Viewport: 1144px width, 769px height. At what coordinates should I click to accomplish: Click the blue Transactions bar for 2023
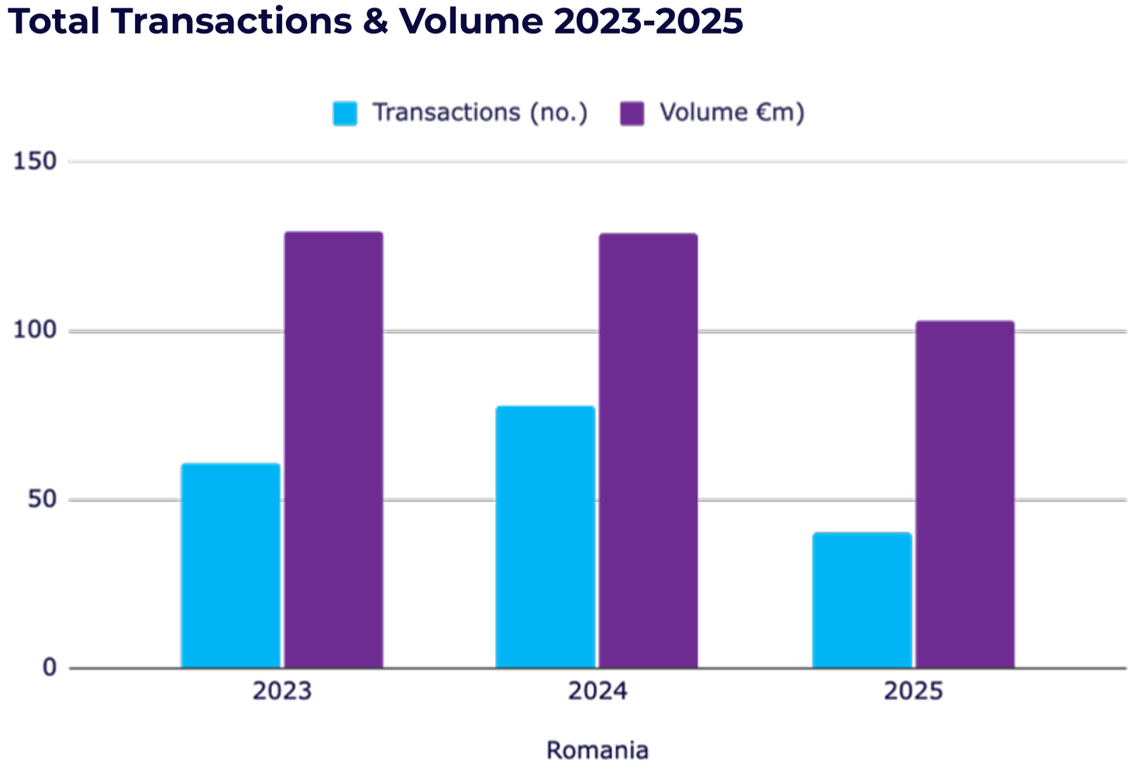pos(230,565)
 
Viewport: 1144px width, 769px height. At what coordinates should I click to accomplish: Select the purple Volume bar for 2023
pos(333,450)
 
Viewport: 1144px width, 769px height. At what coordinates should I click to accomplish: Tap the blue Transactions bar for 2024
pos(545,536)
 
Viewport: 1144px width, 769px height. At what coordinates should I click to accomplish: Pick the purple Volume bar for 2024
pos(648,450)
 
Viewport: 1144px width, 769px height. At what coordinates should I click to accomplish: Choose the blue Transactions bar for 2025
pos(862,600)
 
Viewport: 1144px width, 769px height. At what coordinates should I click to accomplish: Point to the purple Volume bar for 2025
pos(965,494)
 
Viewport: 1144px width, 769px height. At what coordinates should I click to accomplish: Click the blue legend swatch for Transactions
pos(345,113)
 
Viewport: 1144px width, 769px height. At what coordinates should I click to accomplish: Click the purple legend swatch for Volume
pos(632,113)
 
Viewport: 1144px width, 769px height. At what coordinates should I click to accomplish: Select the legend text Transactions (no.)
pos(481,112)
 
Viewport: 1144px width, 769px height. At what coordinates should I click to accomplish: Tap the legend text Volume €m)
pos(732,112)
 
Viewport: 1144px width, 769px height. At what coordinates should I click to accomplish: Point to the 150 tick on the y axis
pos(36,161)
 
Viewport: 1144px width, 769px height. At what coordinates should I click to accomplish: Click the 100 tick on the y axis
pos(36,330)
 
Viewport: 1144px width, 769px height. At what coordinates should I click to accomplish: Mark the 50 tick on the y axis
pos(42,499)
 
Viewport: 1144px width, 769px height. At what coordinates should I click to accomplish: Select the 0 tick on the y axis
pos(49,667)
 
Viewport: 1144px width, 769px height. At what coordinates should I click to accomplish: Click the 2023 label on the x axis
pos(282,690)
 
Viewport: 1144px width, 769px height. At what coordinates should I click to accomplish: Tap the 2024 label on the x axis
pos(597,690)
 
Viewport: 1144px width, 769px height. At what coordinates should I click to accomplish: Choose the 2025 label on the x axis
pos(913,690)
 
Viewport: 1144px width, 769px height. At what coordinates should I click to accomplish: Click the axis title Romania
pos(597,750)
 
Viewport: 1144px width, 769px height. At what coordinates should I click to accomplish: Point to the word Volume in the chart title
pos(471,22)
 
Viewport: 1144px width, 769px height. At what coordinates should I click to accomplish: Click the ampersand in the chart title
pos(376,22)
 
